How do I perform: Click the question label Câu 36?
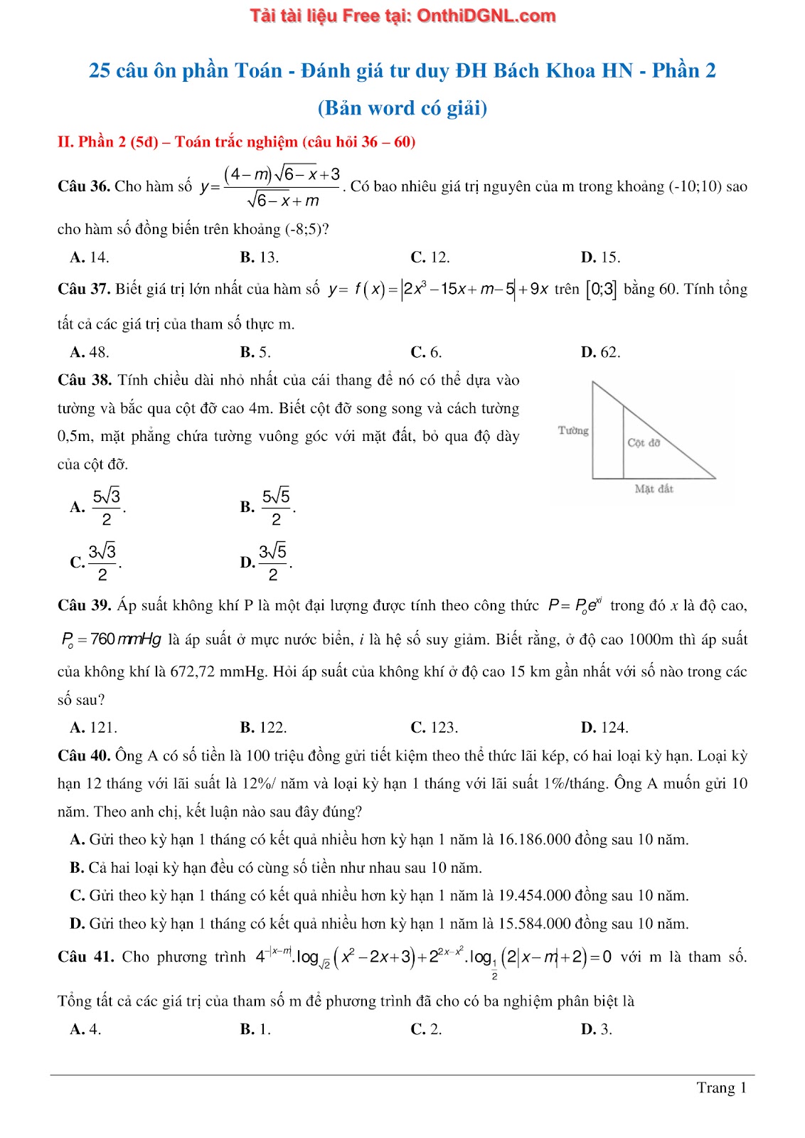[84, 186]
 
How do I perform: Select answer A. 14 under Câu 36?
[90, 257]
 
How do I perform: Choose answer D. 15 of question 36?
[600, 257]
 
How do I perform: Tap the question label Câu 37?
[84, 289]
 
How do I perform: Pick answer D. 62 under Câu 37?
[600, 352]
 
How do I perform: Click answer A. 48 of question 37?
[90, 352]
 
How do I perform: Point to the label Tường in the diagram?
[573, 430]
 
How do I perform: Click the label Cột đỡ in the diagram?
[644, 442]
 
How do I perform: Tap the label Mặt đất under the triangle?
[654, 489]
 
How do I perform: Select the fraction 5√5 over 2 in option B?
[277, 506]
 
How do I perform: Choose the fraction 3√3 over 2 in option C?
[102, 562]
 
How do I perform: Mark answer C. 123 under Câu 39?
[434, 728]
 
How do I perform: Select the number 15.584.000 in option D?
[534, 924]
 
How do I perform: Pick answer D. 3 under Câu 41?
[596, 1029]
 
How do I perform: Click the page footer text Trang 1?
[721, 1088]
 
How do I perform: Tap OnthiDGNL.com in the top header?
[486, 16]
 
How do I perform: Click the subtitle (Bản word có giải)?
[402, 108]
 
